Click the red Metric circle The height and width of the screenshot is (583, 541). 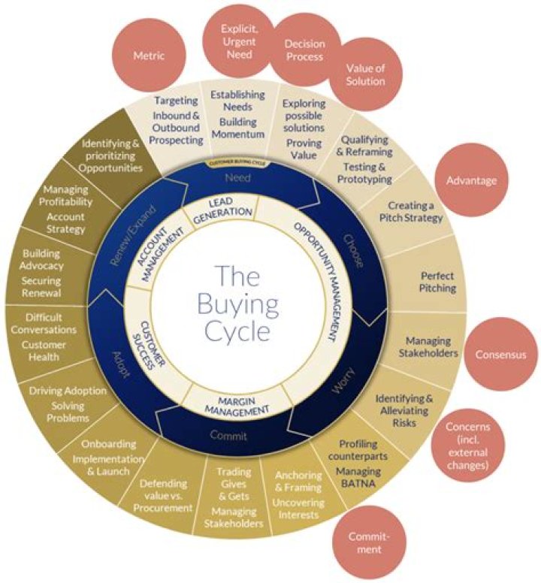point(149,56)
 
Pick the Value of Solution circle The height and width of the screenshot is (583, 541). point(365,74)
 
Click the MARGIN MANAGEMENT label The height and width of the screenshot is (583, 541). point(237,404)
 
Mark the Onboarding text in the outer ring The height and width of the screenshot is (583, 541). point(108,443)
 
